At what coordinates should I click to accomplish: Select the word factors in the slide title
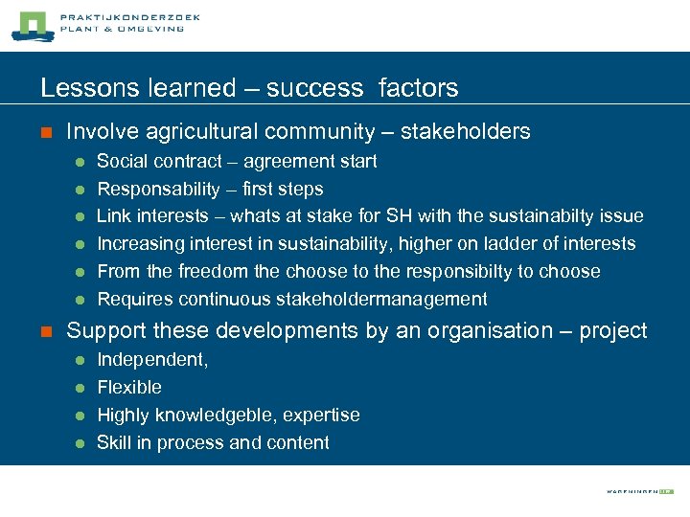[419, 88]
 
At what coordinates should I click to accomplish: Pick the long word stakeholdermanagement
[381, 299]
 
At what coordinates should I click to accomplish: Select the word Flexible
[129, 387]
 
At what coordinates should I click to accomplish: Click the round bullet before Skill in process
[80, 443]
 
